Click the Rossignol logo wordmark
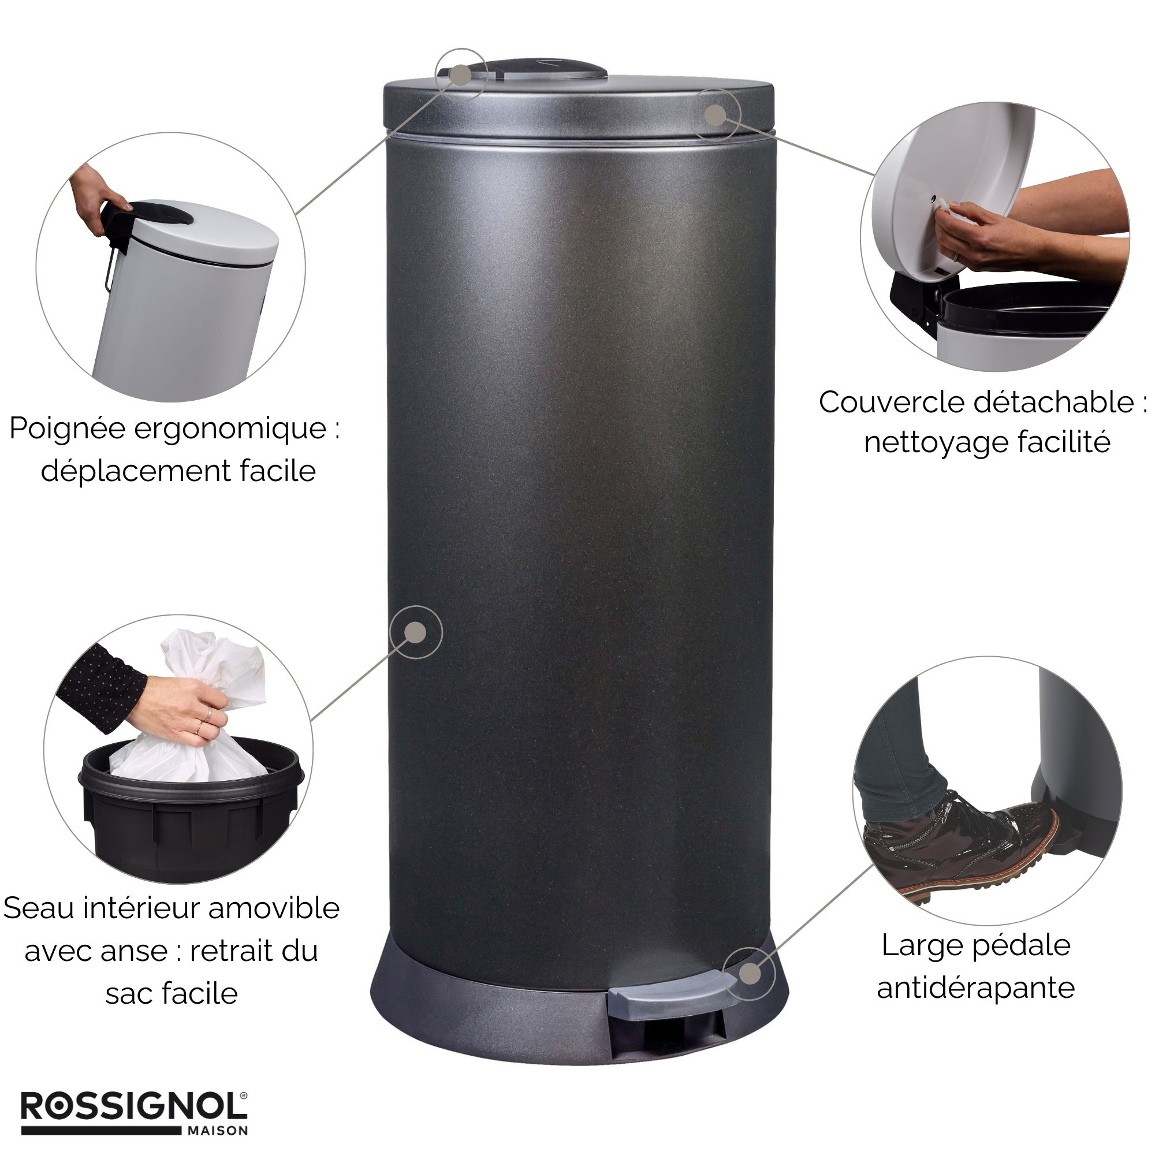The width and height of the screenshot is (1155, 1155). [x=134, y=1108]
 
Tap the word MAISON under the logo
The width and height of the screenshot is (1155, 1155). [x=218, y=1131]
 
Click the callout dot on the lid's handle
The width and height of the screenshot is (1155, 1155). [x=461, y=74]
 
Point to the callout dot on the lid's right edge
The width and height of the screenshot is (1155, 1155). [x=714, y=115]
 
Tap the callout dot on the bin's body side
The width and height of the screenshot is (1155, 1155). [x=415, y=632]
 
